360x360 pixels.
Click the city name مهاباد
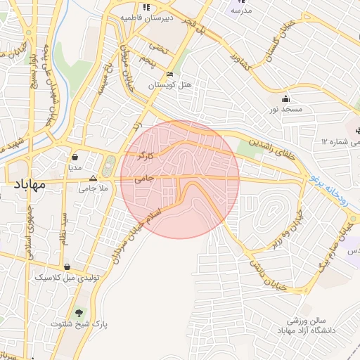pyautogui.click(x=29, y=185)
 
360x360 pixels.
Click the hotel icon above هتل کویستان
pyautogui.click(x=169, y=74)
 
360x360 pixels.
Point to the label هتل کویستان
pyautogui.click(x=169, y=85)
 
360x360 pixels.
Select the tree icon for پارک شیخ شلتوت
pyautogui.click(x=77, y=312)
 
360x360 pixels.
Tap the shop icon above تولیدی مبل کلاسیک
pyautogui.click(x=66, y=266)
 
